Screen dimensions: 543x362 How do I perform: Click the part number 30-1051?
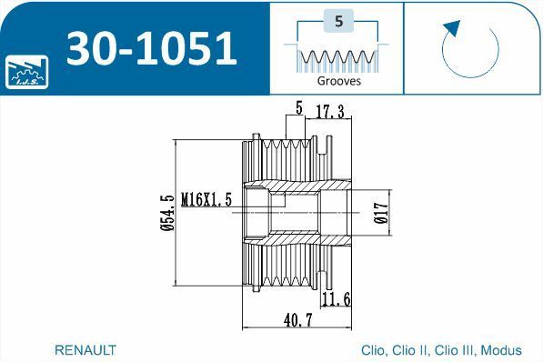tap(152, 48)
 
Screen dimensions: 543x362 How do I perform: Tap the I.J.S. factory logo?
tap(26, 72)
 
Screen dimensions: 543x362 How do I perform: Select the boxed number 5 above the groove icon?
tap(338, 21)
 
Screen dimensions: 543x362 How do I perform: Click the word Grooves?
tap(338, 81)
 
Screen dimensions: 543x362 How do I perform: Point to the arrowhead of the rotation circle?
tap(451, 27)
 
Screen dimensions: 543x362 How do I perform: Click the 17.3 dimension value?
tap(330, 111)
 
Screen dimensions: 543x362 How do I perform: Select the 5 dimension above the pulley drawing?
tap(299, 107)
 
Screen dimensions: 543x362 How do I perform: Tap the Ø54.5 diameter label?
tap(167, 213)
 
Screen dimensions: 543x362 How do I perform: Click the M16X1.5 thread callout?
tap(206, 199)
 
